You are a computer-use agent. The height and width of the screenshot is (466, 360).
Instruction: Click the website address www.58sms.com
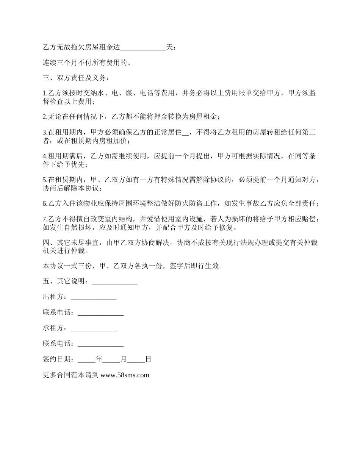pos(125,375)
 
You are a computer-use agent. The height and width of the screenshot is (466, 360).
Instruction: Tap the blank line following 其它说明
pos(114,282)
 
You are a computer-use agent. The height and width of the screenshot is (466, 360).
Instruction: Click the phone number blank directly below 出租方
pos(100,313)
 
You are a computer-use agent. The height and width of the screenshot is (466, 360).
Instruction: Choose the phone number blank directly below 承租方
pos(100,344)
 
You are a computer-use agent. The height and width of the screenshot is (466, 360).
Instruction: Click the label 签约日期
pos(58,360)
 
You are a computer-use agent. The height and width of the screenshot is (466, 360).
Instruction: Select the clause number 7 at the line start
pos(45,219)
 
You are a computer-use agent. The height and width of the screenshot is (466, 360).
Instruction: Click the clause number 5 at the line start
pos(45,180)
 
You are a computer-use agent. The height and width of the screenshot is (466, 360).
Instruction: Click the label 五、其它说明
pos(66,282)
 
